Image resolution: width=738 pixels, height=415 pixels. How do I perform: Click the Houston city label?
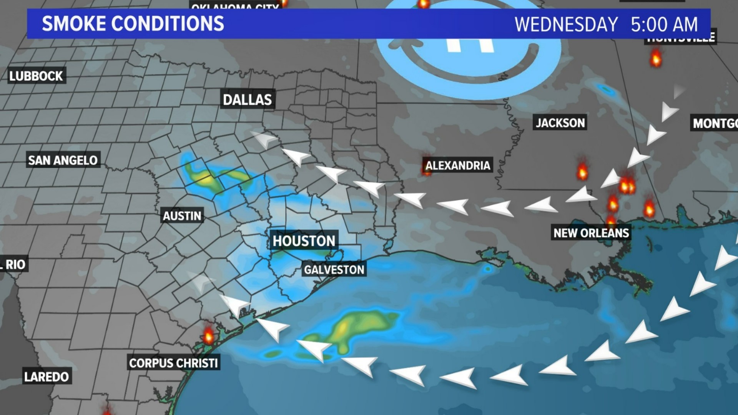pos(304,241)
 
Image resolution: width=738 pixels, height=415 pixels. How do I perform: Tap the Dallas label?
pos(247,100)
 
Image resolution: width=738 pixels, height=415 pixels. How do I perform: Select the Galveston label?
pos(334,270)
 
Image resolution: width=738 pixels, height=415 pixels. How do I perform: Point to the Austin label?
pos(182,216)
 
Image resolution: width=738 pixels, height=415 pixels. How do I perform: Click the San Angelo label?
pos(63,160)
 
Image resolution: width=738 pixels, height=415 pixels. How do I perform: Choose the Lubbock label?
pos(36,76)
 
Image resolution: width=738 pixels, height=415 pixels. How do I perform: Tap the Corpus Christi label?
pos(173,363)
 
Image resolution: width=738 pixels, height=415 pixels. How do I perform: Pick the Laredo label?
pos(47,377)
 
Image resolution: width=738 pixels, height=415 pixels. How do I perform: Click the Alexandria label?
pos(457,166)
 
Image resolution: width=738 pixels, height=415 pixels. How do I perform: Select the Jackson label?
pos(560,123)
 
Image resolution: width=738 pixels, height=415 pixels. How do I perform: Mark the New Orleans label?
pos(591,233)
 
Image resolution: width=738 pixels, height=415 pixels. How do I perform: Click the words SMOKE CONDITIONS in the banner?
pos(133,24)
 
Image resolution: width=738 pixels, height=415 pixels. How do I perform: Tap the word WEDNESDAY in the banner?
pos(566,25)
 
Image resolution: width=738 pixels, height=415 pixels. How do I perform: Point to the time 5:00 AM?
pos(664,25)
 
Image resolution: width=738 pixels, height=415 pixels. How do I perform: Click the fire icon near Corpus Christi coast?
pos(208,335)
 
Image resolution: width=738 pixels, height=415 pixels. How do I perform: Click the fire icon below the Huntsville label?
pos(656,58)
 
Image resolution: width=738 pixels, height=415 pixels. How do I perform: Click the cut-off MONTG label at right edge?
pos(715,123)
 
